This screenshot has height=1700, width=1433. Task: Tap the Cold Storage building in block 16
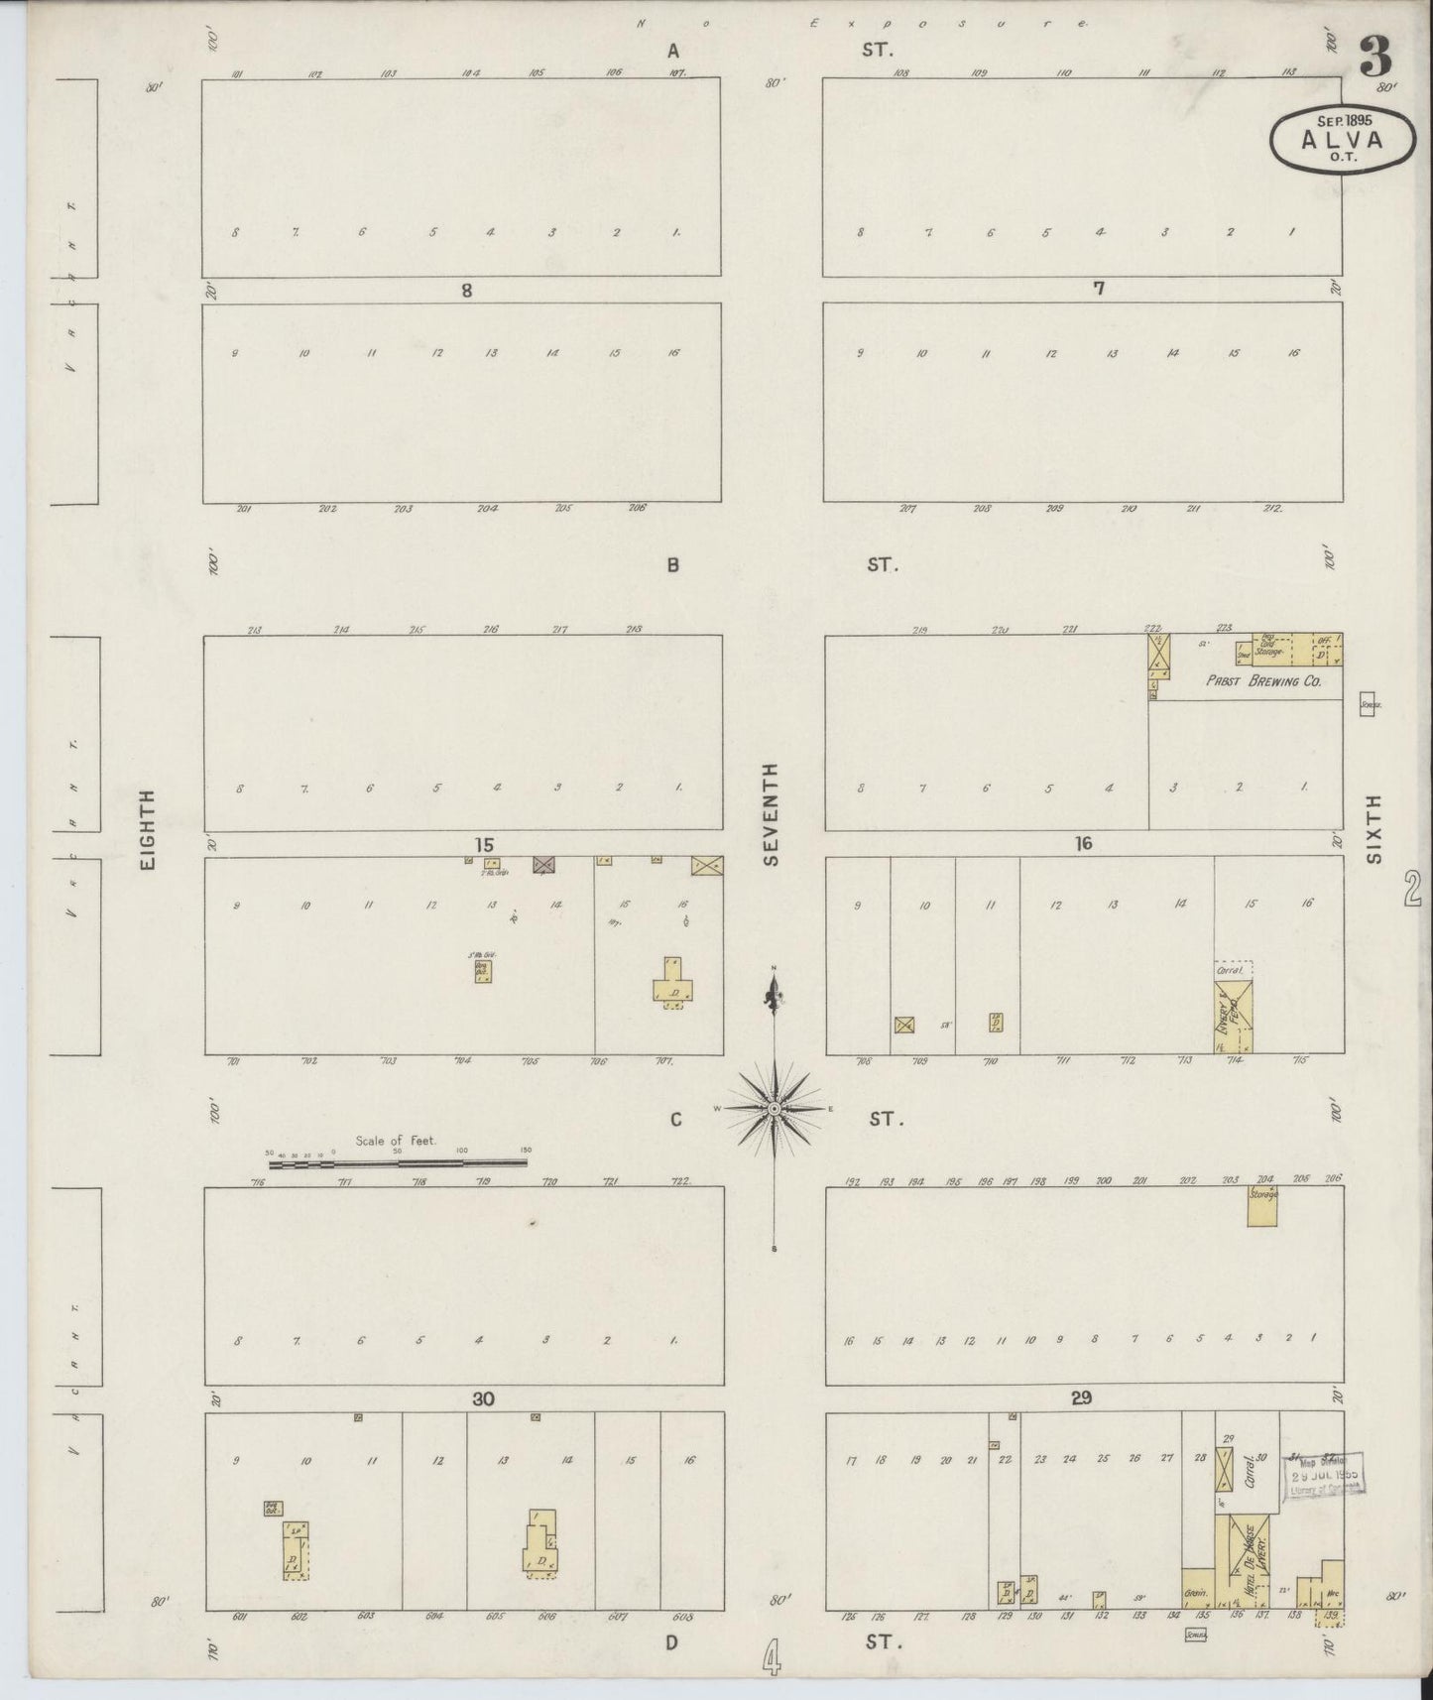(1270, 650)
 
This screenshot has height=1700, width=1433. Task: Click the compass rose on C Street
(774, 1108)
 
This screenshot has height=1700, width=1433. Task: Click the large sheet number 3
(1374, 57)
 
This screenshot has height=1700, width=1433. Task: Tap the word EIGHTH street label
(148, 830)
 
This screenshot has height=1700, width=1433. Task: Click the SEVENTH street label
(773, 813)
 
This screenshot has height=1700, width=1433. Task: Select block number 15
(483, 845)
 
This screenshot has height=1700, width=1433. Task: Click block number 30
(483, 1399)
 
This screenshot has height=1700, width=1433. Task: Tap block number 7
(1098, 289)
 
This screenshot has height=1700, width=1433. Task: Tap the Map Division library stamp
(1325, 1475)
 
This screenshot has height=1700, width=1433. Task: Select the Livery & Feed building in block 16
(1234, 1014)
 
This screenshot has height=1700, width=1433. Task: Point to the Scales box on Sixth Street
(1371, 705)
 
